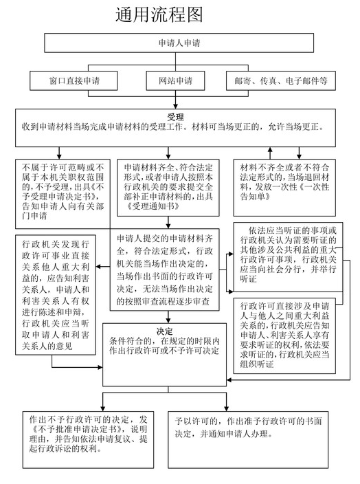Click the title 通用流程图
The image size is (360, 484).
pos(159,14)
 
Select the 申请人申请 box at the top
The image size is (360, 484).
pos(179,43)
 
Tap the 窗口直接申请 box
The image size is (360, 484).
pos(74,81)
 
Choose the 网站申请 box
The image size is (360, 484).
pos(175,81)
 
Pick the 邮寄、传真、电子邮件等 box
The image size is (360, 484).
pos(281,81)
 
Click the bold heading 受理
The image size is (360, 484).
pos(175,117)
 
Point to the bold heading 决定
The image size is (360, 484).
pos(164,331)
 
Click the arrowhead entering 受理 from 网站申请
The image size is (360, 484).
pos(175,105)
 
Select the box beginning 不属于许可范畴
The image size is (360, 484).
pos(63,194)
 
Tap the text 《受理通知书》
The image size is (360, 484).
pos(153,206)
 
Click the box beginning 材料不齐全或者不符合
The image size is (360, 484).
pos(284,188)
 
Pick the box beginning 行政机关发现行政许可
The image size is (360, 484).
pos(56,295)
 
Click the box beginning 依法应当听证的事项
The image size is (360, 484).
pos(288,257)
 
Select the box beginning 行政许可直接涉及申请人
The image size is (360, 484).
pos(284,335)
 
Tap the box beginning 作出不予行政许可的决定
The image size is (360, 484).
pos(88,439)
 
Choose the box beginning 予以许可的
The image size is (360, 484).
pos(248,439)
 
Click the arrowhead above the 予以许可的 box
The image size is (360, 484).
pos(227,408)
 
